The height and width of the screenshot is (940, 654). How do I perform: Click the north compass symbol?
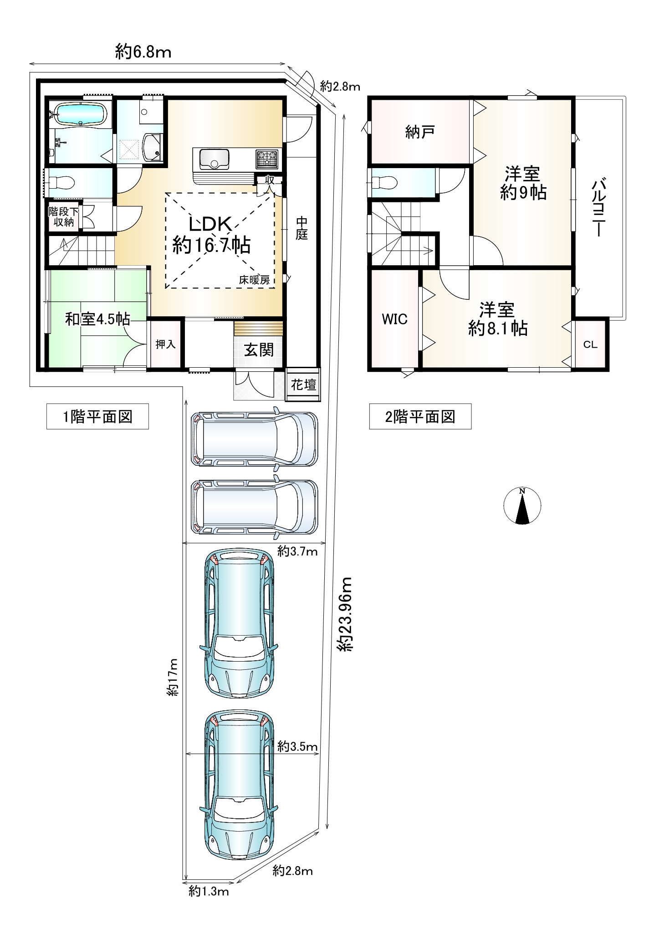[522, 506]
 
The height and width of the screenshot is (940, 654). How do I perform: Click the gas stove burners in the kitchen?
[267, 158]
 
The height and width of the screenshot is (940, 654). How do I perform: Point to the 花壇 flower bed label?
[303, 385]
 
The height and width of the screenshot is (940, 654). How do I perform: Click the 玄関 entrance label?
[259, 350]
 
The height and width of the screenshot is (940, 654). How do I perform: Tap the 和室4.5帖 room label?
[97, 319]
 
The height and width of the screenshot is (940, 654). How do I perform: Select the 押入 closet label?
[165, 344]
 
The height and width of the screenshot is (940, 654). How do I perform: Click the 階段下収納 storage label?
[64, 217]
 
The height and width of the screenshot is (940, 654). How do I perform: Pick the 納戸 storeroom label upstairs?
[419, 132]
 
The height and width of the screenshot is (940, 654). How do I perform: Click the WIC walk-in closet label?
[394, 319]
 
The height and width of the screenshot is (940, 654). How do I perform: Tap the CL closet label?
[590, 345]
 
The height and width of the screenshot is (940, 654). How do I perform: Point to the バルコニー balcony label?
[598, 208]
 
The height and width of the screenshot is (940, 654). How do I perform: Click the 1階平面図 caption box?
[97, 416]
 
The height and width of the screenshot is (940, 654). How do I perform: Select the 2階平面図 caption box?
[420, 416]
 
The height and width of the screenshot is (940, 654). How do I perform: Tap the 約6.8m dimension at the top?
[143, 52]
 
